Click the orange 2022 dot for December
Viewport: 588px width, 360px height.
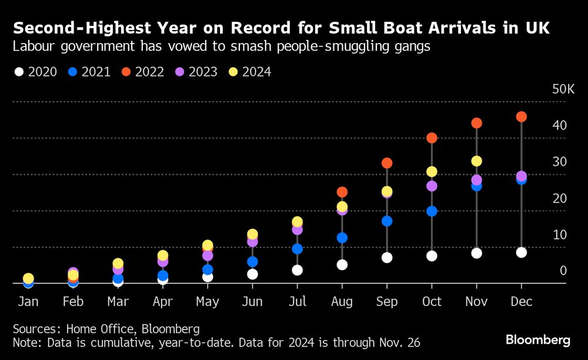521,116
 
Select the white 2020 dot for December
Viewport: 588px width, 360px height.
521,252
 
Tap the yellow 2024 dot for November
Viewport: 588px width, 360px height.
476,161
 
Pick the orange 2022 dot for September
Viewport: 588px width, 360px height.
387,163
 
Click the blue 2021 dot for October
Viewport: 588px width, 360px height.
432,211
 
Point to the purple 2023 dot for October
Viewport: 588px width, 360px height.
432,186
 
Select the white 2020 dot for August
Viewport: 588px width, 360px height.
342,265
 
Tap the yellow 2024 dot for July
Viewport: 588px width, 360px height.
297,222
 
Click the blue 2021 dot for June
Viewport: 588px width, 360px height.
252,262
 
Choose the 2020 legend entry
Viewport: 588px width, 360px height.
36,72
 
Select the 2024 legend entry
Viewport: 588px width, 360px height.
249,72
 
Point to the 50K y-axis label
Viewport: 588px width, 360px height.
563,89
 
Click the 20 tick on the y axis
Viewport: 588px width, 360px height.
559,199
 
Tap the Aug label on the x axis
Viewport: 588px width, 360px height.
342,302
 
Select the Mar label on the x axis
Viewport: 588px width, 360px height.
118,302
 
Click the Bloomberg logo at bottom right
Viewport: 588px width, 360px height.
537,340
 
